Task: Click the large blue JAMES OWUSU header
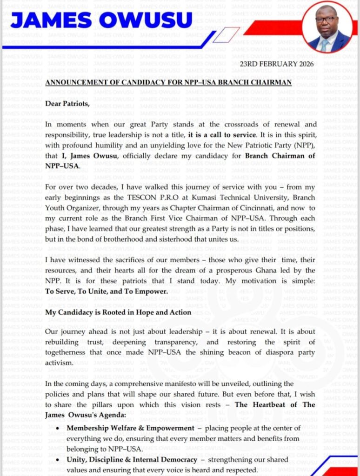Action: (101, 20)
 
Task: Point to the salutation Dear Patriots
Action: (67, 103)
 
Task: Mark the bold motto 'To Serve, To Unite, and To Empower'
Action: (107, 291)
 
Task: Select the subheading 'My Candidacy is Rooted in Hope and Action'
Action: (118, 312)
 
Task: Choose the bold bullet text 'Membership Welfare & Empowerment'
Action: (130, 428)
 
